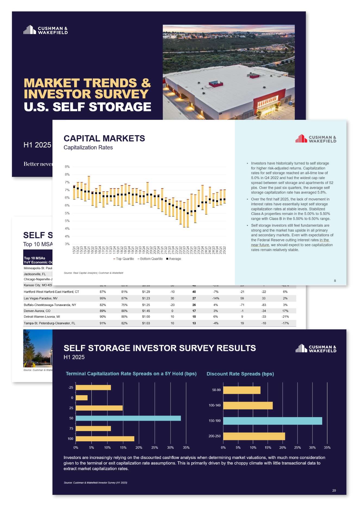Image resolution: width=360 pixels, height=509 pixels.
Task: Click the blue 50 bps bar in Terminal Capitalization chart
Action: point(128,418)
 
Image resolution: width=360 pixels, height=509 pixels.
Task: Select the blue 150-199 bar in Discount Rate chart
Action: point(272,421)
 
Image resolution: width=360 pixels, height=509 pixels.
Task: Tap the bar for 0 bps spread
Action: point(82,398)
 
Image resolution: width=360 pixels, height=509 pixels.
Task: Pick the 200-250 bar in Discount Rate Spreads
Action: point(254,436)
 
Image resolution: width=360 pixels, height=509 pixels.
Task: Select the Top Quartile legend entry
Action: point(124,259)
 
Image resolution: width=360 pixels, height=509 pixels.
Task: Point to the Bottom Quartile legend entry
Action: point(150,259)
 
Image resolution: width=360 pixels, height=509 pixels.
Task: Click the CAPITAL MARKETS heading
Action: point(104,138)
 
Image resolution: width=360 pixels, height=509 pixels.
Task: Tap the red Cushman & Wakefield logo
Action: point(316,139)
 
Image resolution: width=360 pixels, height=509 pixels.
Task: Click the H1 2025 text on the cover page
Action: point(37,145)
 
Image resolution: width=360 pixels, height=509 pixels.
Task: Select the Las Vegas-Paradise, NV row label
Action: point(41,298)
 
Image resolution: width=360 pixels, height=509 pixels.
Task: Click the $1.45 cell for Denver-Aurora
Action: point(146,311)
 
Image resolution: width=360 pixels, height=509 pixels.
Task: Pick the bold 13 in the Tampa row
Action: point(194,323)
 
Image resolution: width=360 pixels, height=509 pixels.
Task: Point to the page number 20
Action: point(334,491)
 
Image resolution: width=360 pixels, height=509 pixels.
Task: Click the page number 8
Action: point(335,281)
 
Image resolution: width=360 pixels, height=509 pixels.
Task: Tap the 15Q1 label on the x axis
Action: point(74,250)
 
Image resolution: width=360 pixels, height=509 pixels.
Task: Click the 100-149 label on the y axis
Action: point(215,405)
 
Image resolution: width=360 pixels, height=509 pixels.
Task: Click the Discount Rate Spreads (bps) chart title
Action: point(240,374)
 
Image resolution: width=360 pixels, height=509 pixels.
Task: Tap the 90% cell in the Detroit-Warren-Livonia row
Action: point(103,317)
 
